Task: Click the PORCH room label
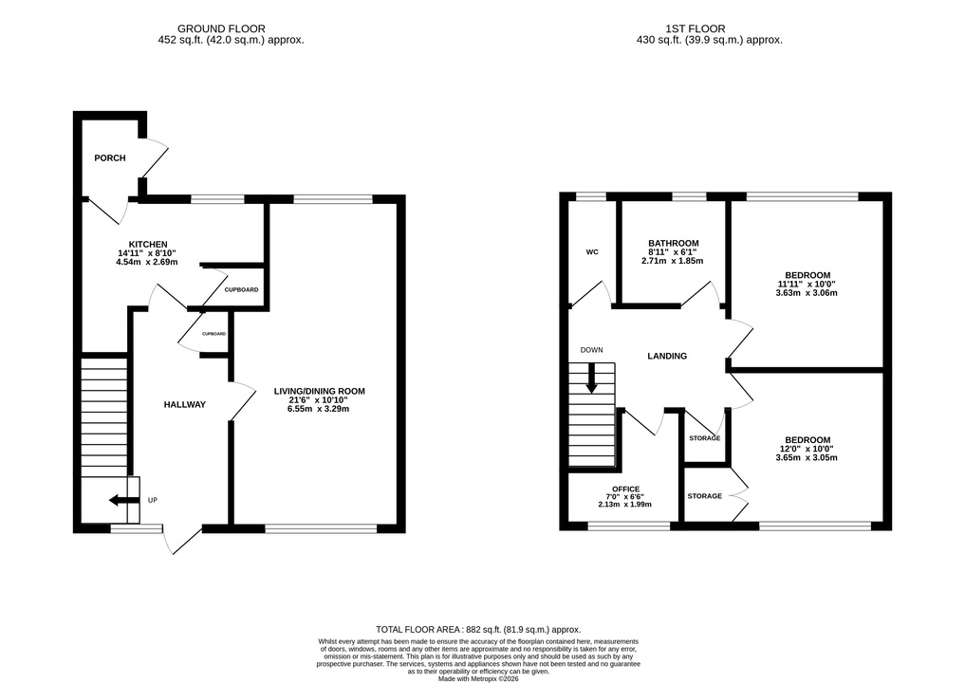(x=109, y=158)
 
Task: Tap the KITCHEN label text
(x=148, y=245)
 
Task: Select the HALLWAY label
(x=185, y=404)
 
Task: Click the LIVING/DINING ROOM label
(x=320, y=391)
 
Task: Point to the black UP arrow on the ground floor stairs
(x=123, y=500)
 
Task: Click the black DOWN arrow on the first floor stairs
(x=591, y=379)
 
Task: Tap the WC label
(x=592, y=251)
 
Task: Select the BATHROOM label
(x=674, y=243)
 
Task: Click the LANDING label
(x=667, y=356)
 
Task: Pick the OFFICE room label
(x=625, y=489)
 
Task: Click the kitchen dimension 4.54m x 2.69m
(x=147, y=262)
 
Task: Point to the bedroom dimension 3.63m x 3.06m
(x=807, y=293)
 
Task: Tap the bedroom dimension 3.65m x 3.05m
(x=807, y=457)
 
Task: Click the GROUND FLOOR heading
(x=221, y=28)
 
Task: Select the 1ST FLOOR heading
(x=696, y=28)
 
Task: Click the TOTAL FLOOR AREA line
(x=478, y=630)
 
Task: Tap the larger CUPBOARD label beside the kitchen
(x=241, y=290)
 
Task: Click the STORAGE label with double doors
(x=705, y=496)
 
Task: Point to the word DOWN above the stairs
(x=591, y=350)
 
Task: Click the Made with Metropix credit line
(x=478, y=678)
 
